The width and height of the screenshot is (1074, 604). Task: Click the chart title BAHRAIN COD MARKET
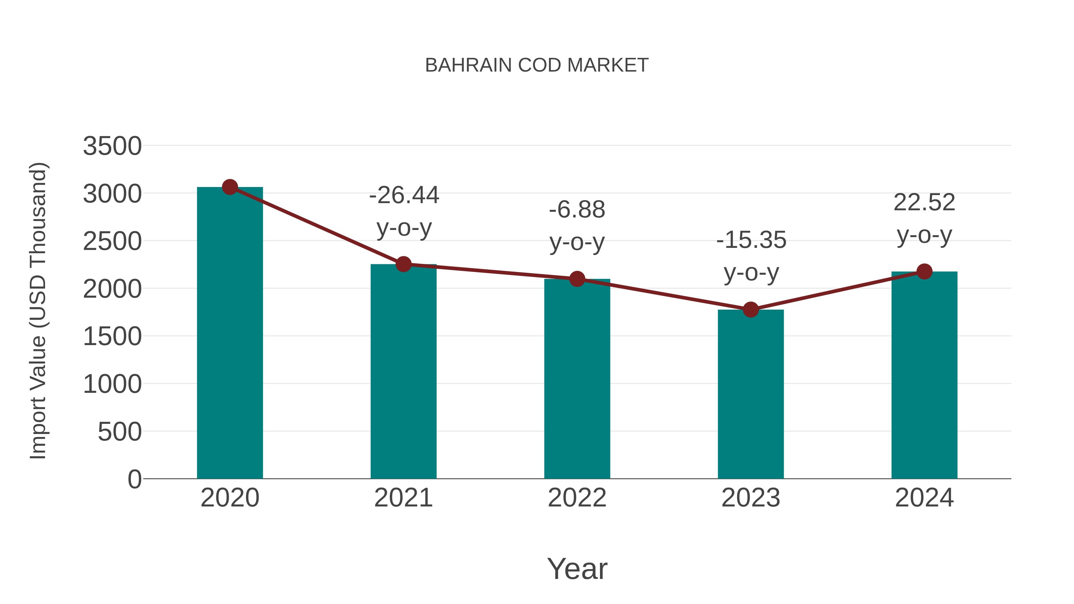(x=537, y=65)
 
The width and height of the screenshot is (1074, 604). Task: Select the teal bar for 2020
(x=230, y=333)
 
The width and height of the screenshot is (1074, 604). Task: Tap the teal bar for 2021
(x=403, y=371)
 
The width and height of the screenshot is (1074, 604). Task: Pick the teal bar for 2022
(x=577, y=379)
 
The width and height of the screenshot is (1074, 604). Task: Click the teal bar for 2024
(x=924, y=375)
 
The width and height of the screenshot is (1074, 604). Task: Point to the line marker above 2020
(x=230, y=187)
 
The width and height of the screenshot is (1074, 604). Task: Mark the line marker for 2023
(x=751, y=310)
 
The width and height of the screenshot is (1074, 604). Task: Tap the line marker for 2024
(x=924, y=272)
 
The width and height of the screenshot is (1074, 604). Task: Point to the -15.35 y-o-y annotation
(x=751, y=256)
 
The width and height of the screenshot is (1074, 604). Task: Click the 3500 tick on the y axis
(x=112, y=146)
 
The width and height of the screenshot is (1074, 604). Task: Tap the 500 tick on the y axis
(x=120, y=432)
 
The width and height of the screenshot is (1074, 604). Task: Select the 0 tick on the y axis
(x=135, y=479)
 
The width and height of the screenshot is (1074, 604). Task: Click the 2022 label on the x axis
(x=577, y=498)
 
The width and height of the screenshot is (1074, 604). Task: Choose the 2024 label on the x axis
(x=924, y=498)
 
